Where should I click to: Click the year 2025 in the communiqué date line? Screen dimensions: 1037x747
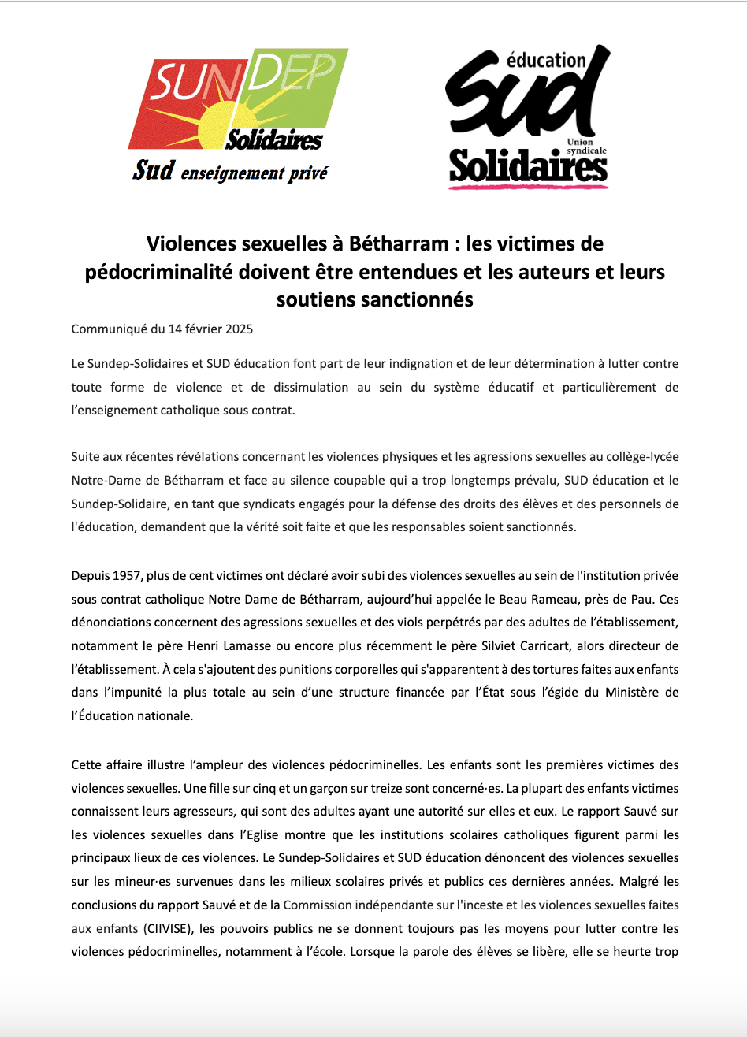[237, 329]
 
